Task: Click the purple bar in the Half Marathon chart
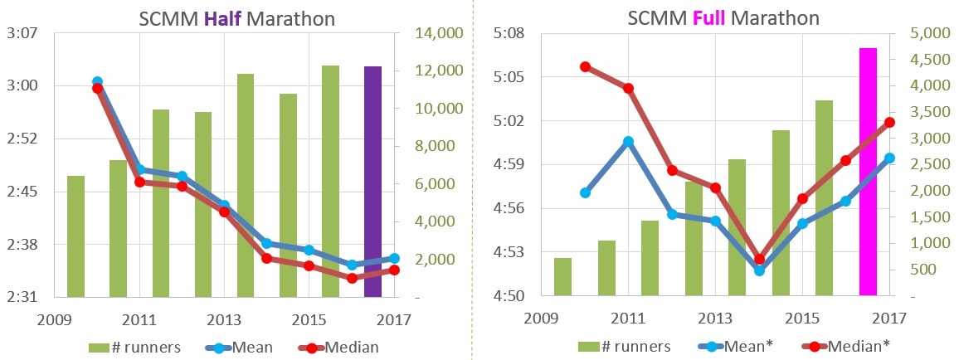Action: [372, 181]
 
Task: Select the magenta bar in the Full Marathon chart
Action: [868, 171]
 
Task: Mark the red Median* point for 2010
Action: [585, 66]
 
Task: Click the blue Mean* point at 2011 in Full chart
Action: [628, 142]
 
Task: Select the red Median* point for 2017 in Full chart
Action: [889, 123]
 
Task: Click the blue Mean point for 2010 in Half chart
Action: [97, 82]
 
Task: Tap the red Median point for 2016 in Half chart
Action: [352, 278]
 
